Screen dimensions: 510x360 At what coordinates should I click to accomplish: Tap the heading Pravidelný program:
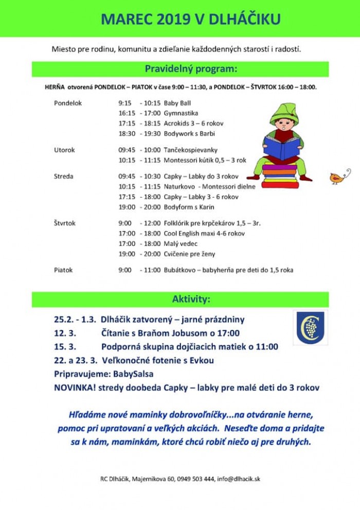coord(191,68)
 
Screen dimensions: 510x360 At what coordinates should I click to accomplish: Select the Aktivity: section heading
coord(191,299)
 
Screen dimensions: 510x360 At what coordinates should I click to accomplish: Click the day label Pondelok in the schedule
coord(68,103)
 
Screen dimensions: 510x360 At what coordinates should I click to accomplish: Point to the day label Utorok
coord(64,150)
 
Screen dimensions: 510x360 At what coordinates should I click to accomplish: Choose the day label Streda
coord(64,176)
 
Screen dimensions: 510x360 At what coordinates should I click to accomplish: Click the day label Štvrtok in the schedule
coord(65,223)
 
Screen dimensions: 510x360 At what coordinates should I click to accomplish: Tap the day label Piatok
coord(63,270)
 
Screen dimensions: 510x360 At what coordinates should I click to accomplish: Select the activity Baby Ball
coord(177,103)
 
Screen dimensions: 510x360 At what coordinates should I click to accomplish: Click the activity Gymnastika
coord(181,113)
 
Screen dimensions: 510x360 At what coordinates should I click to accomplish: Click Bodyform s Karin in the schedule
coord(189,207)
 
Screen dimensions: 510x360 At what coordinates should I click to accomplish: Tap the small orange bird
coord(338,177)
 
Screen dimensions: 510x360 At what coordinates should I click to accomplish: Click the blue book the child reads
coord(281,147)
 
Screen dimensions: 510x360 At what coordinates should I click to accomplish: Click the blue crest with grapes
coord(310,328)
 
